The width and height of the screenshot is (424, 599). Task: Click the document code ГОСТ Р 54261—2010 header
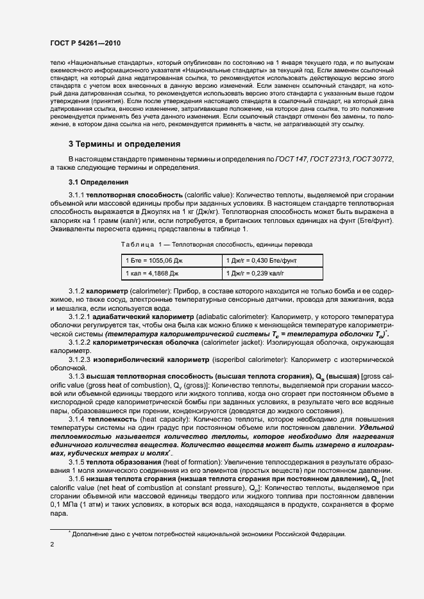click(x=84, y=42)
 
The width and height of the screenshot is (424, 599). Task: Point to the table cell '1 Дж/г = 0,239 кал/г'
click(x=259, y=273)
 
